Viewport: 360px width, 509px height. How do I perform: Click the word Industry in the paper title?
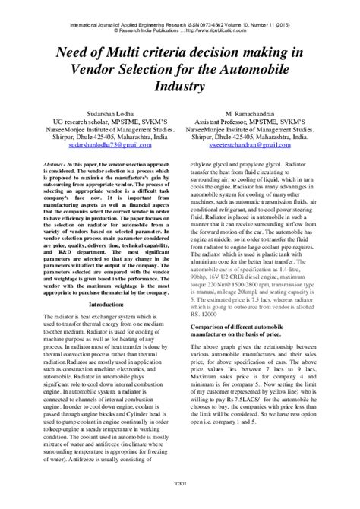point(180,87)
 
